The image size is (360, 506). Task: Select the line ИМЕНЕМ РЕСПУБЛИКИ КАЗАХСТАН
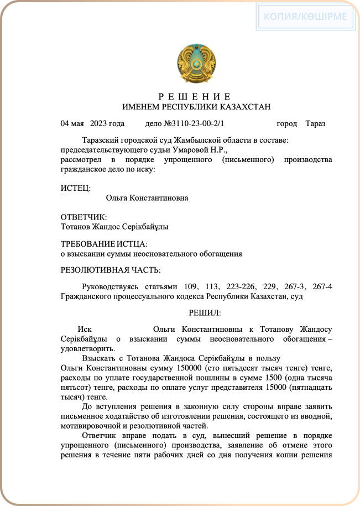[x=196, y=106]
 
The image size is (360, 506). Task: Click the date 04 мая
[x=71, y=123]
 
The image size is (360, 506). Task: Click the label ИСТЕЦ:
[x=75, y=189]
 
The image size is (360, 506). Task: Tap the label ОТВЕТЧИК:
[x=84, y=217]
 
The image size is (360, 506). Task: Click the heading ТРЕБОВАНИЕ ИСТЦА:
[x=104, y=244]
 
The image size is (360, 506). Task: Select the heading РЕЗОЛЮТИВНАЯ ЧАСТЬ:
[x=111, y=270]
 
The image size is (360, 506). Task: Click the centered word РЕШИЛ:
[x=205, y=313]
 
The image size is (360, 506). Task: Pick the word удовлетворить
[x=88, y=349]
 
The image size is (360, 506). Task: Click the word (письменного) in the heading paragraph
[x=249, y=160]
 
